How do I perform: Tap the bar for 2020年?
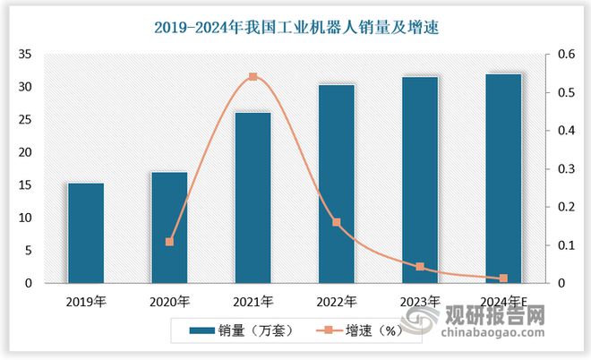click(x=169, y=227)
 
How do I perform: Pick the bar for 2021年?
click(x=253, y=198)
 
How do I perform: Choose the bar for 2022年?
click(x=336, y=184)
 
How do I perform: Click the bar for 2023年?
click(x=420, y=180)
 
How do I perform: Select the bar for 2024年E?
click(x=503, y=178)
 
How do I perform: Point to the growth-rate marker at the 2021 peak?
click(x=253, y=77)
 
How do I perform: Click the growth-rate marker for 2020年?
click(x=169, y=242)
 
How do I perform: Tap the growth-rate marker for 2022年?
click(x=336, y=222)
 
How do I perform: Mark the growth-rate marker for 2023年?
click(x=420, y=267)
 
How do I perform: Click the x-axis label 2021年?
click(x=253, y=301)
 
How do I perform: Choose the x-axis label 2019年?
click(x=86, y=301)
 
